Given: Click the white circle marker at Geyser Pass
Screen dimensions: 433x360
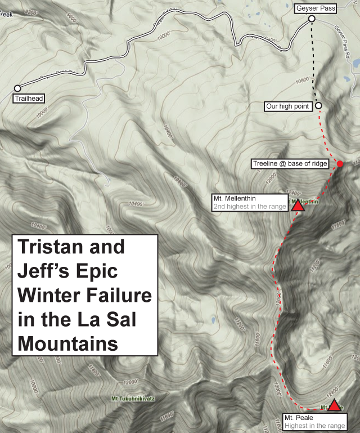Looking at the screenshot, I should pyautogui.click(x=312, y=20).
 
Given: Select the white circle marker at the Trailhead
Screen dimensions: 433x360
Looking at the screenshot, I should pyautogui.click(x=17, y=88).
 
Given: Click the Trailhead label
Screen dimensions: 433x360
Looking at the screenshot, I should pyautogui.click(x=29, y=99).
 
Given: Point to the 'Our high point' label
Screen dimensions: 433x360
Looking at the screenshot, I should pyautogui.click(x=289, y=106).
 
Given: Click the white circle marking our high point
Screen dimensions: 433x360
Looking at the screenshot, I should pyautogui.click(x=318, y=105).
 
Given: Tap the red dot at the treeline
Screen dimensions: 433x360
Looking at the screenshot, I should pyautogui.click(x=340, y=164).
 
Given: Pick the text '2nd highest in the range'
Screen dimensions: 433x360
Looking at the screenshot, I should pyautogui.click(x=249, y=207).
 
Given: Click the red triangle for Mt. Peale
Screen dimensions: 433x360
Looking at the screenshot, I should pyautogui.click(x=335, y=405).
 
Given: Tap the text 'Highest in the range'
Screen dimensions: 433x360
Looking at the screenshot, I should pyautogui.click(x=314, y=426).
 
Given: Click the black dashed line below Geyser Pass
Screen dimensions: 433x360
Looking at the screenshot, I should pyautogui.click(x=313, y=62).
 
